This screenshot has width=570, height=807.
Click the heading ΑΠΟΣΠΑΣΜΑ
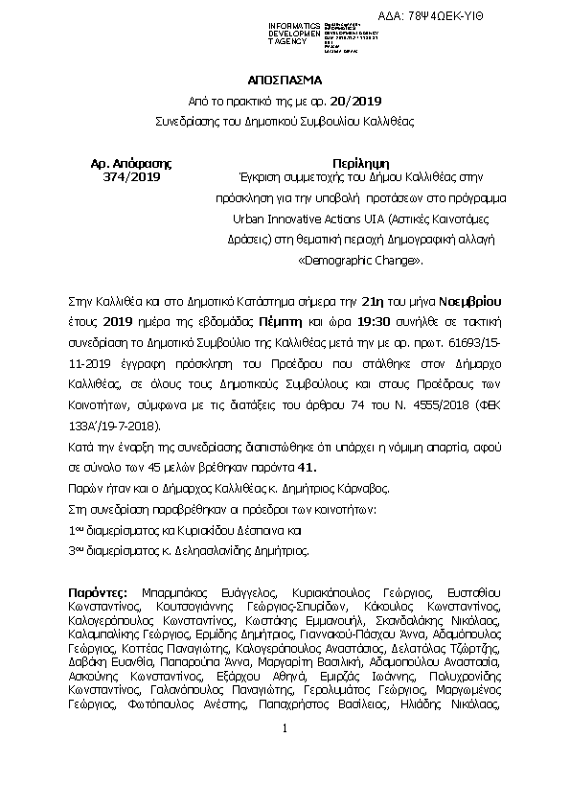pos(285,81)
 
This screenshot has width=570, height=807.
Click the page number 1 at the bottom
pos(285,755)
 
